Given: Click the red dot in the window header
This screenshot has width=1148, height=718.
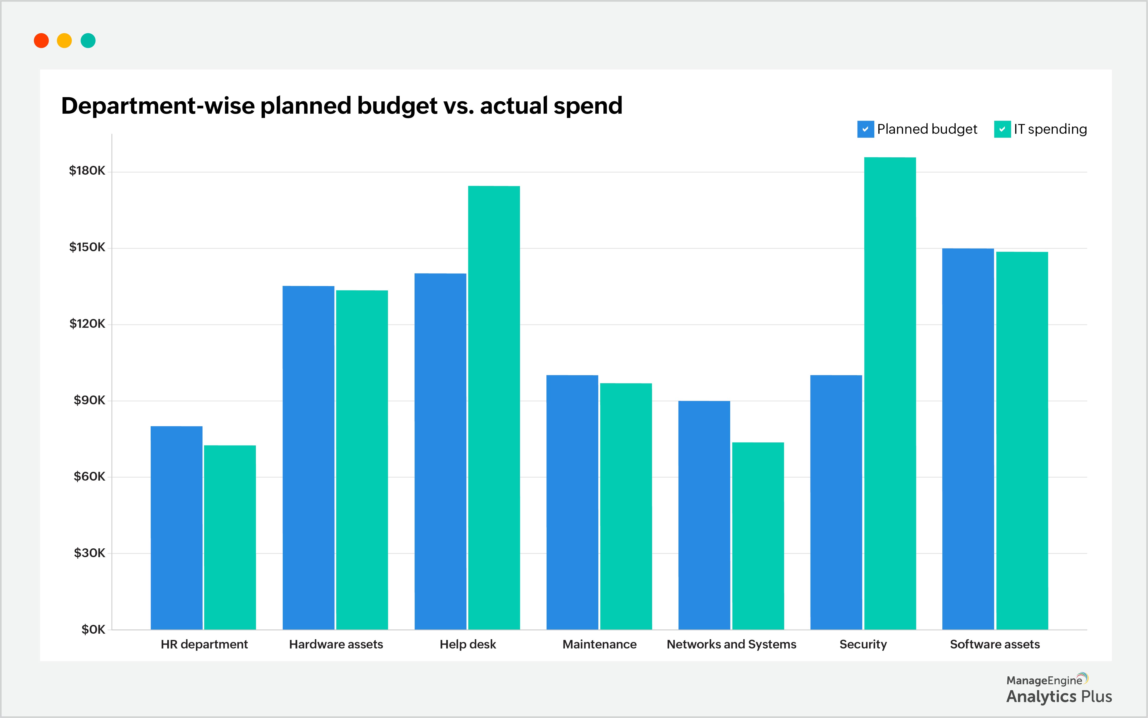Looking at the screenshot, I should (41, 41).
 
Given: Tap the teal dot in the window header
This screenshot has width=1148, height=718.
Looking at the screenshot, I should (88, 41).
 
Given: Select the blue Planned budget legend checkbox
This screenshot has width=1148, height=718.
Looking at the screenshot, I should (865, 129).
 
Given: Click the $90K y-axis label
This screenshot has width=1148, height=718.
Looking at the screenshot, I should (89, 400).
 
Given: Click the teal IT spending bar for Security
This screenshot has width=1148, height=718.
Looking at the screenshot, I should (890, 394).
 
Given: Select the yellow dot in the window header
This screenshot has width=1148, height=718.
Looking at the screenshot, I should (64, 41).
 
